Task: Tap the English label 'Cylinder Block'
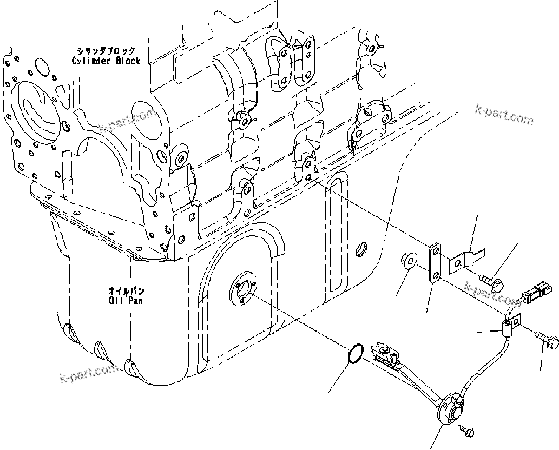tap(106, 61)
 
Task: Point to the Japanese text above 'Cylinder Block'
tap(106, 51)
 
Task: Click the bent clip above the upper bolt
tap(465, 260)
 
